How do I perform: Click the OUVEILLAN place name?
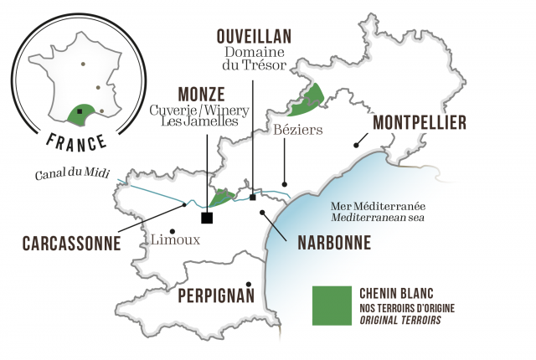click(253, 38)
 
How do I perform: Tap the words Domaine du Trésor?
click(253, 59)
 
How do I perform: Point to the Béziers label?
click(297, 130)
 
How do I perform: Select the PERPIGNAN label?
click(215, 296)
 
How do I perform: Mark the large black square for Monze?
click(207, 219)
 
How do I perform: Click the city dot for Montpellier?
click(357, 146)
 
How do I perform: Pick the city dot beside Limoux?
click(172, 230)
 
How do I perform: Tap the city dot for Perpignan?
click(250, 285)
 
